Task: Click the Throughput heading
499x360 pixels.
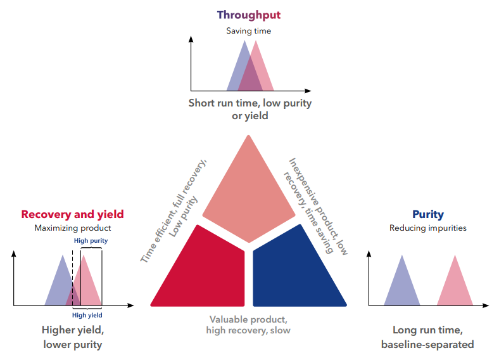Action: click(248, 15)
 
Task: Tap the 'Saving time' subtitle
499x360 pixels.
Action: click(248, 31)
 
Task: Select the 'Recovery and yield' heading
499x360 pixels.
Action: click(73, 214)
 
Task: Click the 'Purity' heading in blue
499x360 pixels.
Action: click(428, 214)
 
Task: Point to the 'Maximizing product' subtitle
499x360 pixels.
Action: click(73, 228)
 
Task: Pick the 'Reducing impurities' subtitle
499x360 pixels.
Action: click(428, 228)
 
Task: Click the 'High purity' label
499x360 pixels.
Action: click(91, 241)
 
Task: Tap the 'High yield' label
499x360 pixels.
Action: click(87, 315)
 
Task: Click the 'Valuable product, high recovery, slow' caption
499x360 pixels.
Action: click(248, 325)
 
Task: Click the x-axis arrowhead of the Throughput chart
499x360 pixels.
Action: click(308, 91)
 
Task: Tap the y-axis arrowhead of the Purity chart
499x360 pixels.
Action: click(369, 254)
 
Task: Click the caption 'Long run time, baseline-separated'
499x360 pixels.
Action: click(427, 337)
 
